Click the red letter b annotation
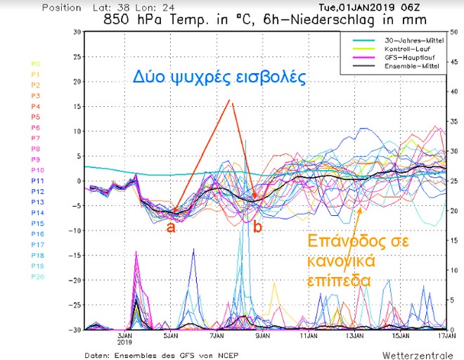(257, 227)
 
